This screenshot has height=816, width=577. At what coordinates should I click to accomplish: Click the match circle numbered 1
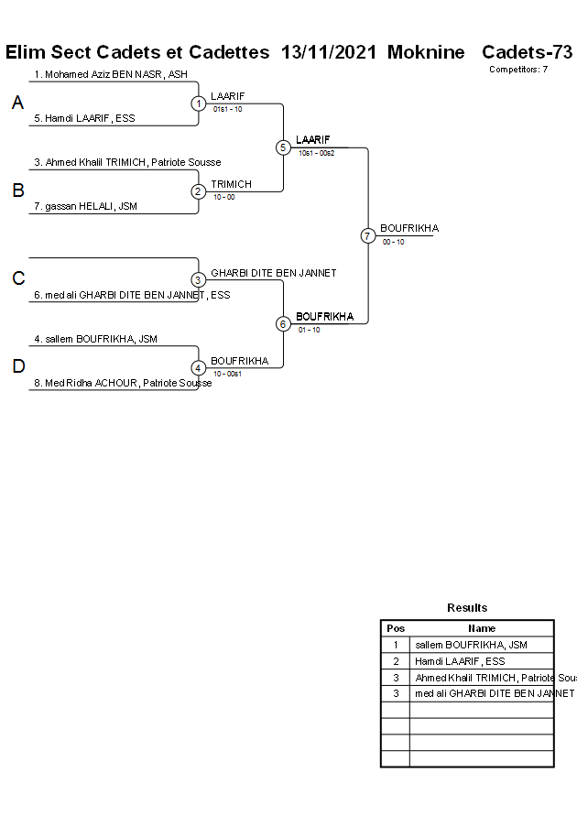click(199, 103)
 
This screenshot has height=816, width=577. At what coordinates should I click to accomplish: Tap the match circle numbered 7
click(367, 236)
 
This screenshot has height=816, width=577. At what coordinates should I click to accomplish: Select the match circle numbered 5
click(283, 147)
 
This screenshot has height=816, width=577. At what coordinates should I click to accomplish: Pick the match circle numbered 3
click(199, 280)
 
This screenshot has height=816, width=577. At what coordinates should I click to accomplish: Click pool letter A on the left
click(17, 103)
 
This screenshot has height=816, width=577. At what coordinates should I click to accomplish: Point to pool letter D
click(17, 367)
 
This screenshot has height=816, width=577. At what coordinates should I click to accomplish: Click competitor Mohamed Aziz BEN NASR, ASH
click(110, 74)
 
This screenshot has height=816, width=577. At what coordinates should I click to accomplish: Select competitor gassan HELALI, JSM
click(91, 207)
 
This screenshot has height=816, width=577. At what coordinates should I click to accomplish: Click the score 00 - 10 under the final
click(394, 242)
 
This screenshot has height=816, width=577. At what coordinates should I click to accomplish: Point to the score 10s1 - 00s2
click(317, 153)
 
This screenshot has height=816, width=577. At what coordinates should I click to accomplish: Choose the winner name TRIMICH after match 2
click(231, 185)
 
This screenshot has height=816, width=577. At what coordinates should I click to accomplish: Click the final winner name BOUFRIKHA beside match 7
click(409, 228)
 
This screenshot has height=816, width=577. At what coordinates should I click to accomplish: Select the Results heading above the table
click(467, 608)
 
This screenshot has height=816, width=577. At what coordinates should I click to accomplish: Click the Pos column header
click(396, 628)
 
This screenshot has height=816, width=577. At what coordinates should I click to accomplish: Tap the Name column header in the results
click(482, 628)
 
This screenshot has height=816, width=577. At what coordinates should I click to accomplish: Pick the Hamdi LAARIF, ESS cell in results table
click(460, 661)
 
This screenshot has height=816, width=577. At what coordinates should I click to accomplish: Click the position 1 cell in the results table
click(396, 645)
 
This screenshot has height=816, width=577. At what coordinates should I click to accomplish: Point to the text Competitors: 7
click(518, 70)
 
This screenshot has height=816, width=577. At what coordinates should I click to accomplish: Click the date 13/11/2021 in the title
click(329, 52)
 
